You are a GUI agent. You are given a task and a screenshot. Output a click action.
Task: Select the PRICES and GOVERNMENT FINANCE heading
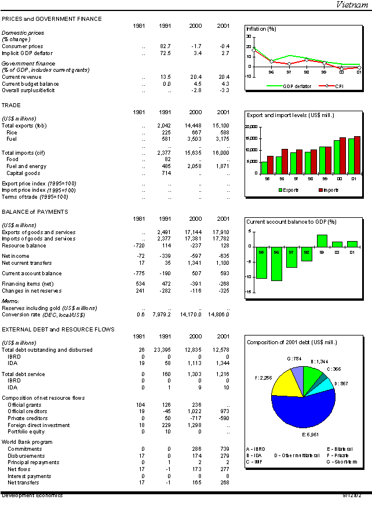coord(52,19)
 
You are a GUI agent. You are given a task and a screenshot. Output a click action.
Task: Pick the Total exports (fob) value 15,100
coord(222,125)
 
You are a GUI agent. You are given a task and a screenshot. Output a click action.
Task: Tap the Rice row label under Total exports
coord(12,132)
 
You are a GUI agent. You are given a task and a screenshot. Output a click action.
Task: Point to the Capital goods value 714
coord(167,173)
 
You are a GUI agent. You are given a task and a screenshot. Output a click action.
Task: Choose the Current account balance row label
coord(31,273)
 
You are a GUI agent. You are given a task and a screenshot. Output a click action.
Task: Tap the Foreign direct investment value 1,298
coord(194,425)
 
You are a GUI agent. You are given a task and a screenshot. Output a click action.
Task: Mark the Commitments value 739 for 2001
coord(224,449)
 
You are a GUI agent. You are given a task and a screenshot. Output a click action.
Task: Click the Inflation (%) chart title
coord(261,28)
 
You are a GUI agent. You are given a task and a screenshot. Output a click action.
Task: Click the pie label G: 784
coord(294,359)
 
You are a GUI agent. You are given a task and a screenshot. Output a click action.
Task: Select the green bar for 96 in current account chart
coord(276,264)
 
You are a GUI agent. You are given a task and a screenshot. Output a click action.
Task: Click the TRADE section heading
coord(11,105)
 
